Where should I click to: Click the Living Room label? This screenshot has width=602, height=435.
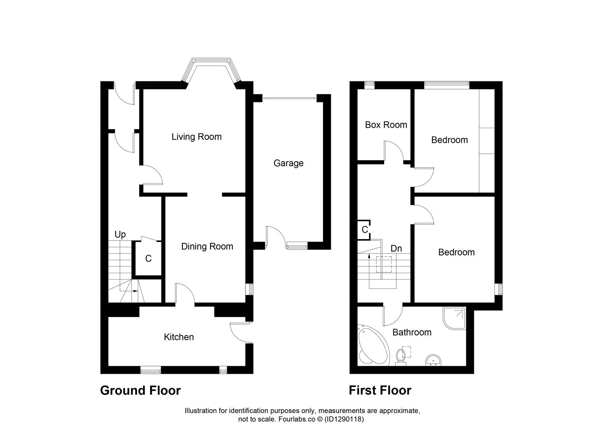pos(197,137)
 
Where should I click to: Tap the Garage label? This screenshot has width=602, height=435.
pos(288,163)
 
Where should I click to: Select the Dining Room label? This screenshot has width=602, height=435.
pos(207,246)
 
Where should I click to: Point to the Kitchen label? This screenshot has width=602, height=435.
pos(179,337)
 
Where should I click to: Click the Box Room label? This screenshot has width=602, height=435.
pos(386,125)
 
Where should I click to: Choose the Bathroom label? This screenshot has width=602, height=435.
pos(412,332)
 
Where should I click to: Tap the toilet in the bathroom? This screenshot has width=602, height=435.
pos(401,356)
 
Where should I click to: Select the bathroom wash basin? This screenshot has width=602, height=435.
pos(433,360)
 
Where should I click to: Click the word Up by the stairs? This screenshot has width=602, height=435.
pos(120,234)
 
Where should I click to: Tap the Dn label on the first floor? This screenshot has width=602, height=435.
pos(396,249)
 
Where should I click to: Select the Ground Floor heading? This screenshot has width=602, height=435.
pos(140,390)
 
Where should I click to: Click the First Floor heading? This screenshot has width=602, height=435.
pos(380,390)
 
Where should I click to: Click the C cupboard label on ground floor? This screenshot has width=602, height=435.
pos(148,259)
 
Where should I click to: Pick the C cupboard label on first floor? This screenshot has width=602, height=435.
pos(365,230)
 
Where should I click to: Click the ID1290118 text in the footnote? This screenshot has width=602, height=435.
pos(344,419)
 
